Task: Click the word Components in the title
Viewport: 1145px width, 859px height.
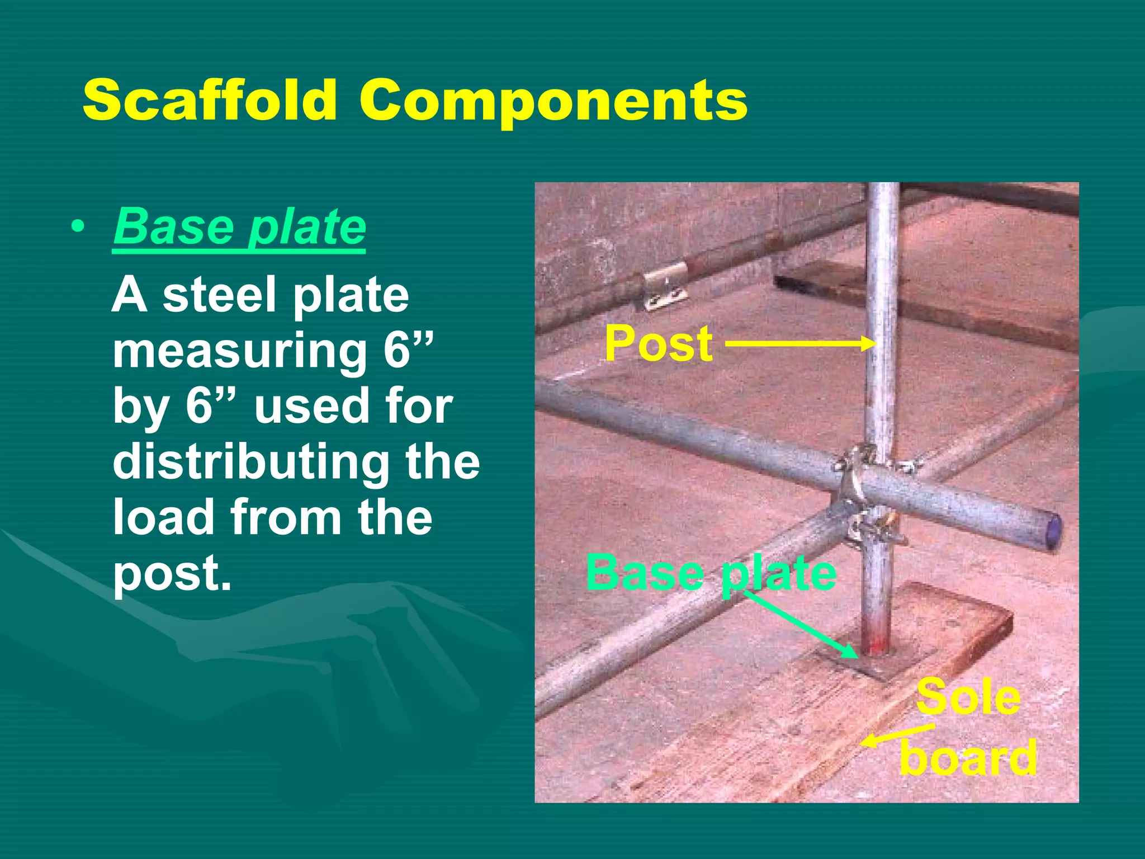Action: pos(553,101)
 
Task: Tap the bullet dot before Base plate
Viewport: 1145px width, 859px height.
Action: pos(78,227)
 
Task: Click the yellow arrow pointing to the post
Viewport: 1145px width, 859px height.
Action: pos(799,343)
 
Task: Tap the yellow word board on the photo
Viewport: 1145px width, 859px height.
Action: pos(968,758)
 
